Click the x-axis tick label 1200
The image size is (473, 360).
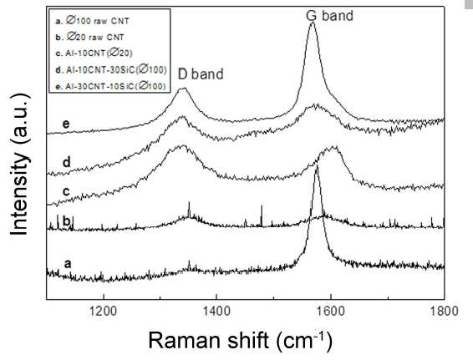point(104,311)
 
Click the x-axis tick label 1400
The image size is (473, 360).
point(216,311)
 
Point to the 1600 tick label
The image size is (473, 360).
point(331,311)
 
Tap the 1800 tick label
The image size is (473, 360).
point(444,311)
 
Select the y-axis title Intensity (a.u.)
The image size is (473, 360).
point(20,165)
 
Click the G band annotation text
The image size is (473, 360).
point(329,16)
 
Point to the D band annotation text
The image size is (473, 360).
point(201,74)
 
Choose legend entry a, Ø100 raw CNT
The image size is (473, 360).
point(92,21)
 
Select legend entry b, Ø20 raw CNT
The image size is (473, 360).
point(89,38)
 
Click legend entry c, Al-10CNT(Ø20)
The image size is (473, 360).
point(94,53)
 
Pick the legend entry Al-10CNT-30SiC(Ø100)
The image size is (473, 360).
point(110,70)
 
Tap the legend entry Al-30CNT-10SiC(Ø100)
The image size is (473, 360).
point(110,86)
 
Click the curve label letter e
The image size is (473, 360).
point(66,124)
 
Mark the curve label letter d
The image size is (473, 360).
point(67,162)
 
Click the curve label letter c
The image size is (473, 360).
point(66,191)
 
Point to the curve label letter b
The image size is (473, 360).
point(67,221)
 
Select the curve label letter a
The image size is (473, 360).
point(68,264)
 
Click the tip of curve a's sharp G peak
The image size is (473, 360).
point(317,166)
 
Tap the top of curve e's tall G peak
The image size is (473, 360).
point(313,23)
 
